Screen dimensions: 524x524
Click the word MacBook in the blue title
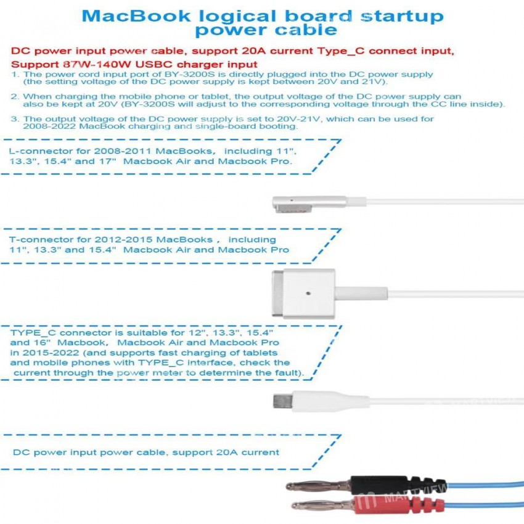[x=136, y=16]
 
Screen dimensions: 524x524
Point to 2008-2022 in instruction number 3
[x=49, y=126]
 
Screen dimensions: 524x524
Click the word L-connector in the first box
[x=41, y=151]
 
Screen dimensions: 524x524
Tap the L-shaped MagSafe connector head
[x=309, y=204]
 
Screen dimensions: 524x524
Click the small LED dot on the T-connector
[x=308, y=293]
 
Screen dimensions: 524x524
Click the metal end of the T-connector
[x=277, y=293]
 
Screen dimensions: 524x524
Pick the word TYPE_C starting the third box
[x=33, y=333]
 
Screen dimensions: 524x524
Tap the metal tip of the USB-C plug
[x=283, y=401]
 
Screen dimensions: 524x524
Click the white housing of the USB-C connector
[x=331, y=401]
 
